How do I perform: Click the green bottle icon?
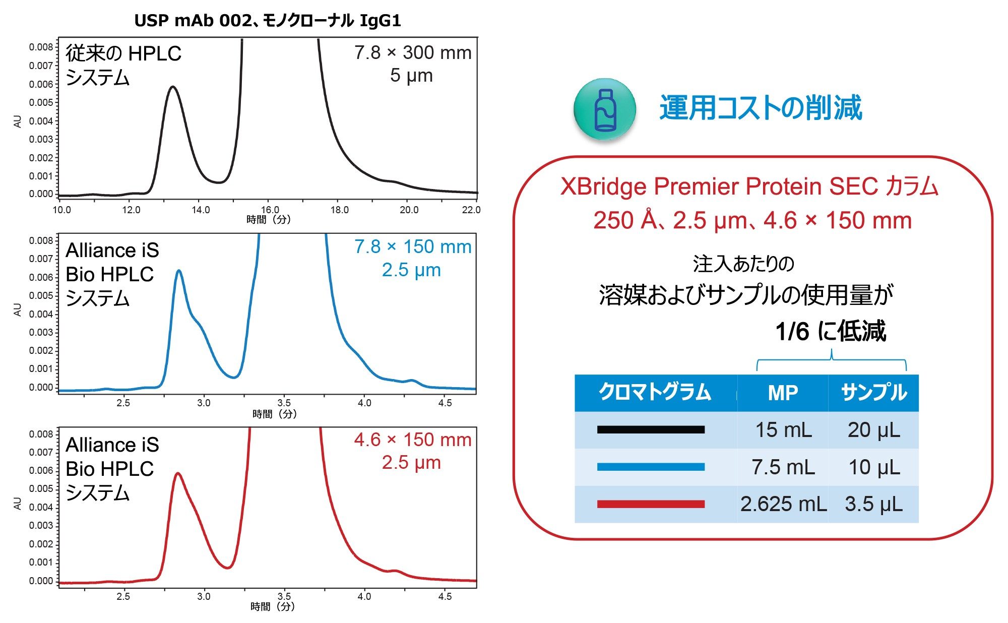pyautogui.click(x=605, y=109)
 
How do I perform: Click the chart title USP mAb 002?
pyautogui.click(x=267, y=21)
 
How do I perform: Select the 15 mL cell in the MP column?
pyautogui.click(x=783, y=430)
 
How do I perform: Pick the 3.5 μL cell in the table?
pyautogui.click(x=873, y=504)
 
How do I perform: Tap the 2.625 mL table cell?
pyautogui.click(x=783, y=504)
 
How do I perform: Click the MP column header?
pyautogui.click(x=783, y=393)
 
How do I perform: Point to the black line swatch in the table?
pyautogui.click(x=651, y=430)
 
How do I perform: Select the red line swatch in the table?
pyautogui.click(x=651, y=504)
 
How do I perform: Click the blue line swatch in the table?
pyautogui.click(x=651, y=467)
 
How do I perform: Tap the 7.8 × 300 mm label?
pyautogui.click(x=412, y=53)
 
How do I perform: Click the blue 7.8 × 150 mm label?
pyautogui.click(x=412, y=247)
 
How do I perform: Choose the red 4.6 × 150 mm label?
pyautogui.click(x=412, y=440)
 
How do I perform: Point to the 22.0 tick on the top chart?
pyautogui.click(x=471, y=210)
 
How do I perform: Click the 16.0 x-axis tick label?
pyautogui.click(x=270, y=210)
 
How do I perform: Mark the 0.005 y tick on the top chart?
pyautogui.click(x=41, y=102)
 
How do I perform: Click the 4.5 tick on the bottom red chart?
pyautogui.click(x=445, y=596)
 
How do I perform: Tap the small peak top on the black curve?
pyautogui.click(x=173, y=87)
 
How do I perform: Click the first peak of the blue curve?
pyautogui.click(x=178, y=271)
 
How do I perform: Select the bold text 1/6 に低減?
pyautogui.click(x=830, y=331)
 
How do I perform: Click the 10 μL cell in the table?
pyautogui.click(x=873, y=467)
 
